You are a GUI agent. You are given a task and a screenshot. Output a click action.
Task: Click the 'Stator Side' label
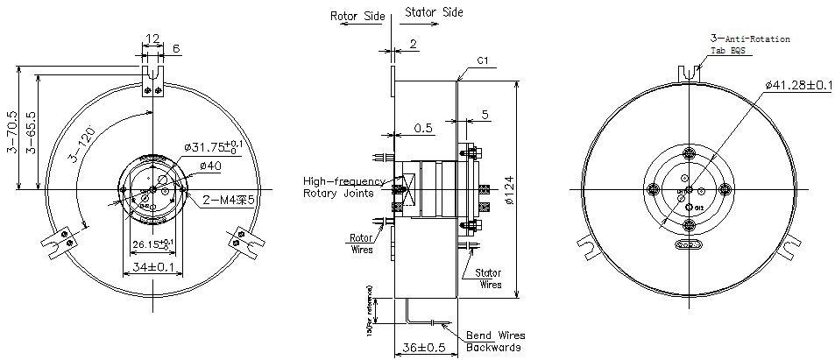(x=434, y=13)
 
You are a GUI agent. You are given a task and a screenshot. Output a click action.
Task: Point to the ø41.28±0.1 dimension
(x=798, y=85)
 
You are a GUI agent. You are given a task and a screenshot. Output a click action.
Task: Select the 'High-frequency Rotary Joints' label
(x=338, y=187)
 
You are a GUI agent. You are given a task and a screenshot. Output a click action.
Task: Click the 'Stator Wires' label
(x=488, y=279)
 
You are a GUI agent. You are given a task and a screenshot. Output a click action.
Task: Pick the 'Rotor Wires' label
(x=361, y=243)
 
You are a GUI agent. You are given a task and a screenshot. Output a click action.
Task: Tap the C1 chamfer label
(x=482, y=61)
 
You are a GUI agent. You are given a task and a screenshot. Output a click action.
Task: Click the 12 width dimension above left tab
(x=153, y=39)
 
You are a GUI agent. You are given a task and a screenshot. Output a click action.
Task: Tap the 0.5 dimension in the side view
(x=423, y=128)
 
